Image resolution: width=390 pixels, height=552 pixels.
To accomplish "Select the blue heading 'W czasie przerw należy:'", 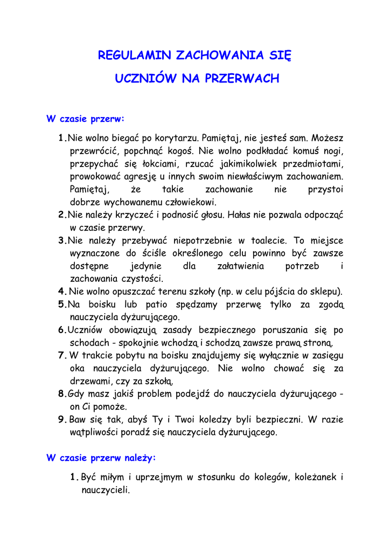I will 101,458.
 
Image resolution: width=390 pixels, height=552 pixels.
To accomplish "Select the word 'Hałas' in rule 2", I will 228,215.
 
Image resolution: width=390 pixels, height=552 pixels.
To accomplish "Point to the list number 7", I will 61,355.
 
